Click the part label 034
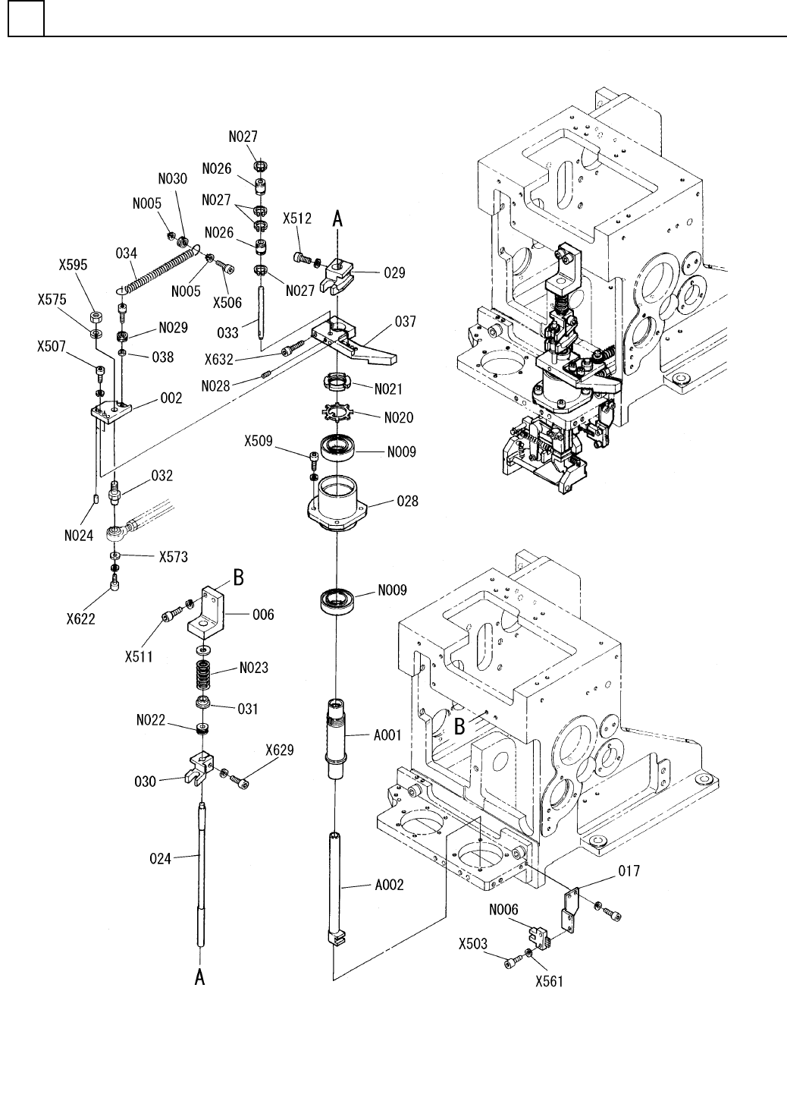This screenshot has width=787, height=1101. [127, 253]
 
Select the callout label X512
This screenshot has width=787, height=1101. [296, 219]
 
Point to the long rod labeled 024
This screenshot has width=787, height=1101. [201, 881]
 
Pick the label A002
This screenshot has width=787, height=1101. [389, 886]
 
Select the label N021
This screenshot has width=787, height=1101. [388, 389]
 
